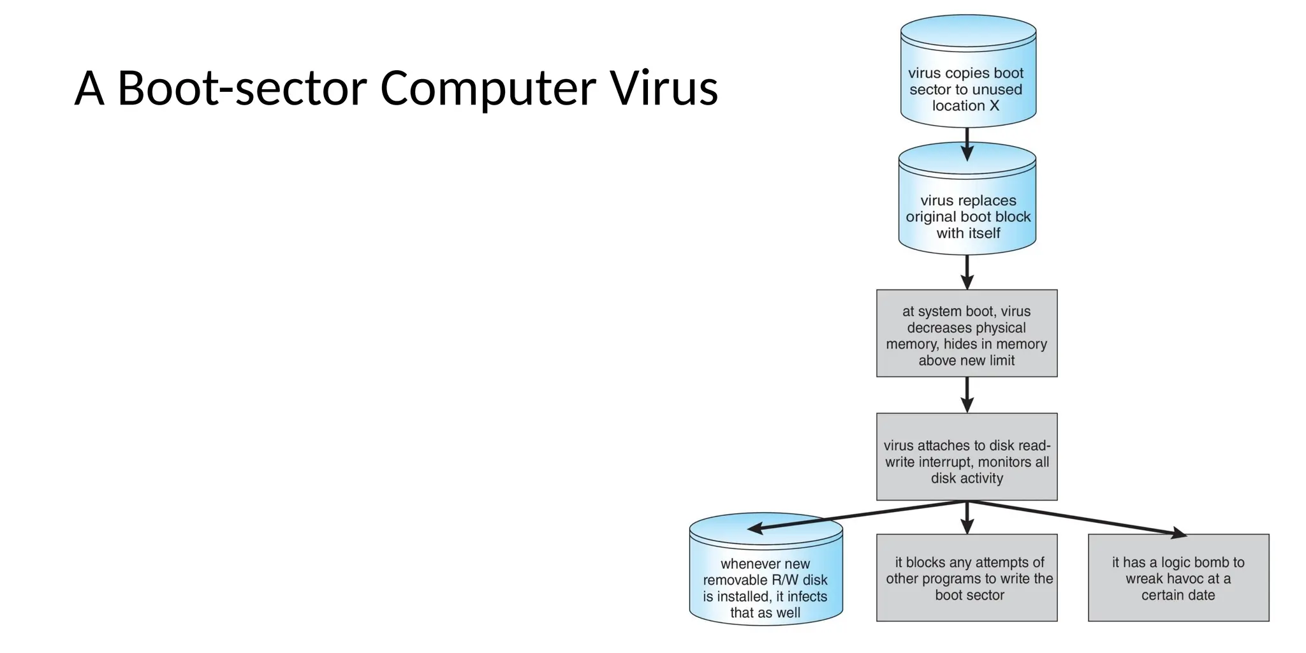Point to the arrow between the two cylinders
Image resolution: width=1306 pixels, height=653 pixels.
pos(967,144)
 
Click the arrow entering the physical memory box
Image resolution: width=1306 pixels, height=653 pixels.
pos(967,273)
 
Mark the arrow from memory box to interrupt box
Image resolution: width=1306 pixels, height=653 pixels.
pos(967,395)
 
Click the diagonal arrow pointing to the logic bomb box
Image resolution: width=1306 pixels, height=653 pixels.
pos(1078,518)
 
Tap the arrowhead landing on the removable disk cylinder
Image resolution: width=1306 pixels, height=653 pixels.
pos(755,528)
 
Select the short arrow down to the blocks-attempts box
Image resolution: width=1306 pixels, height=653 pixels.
pos(967,518)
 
